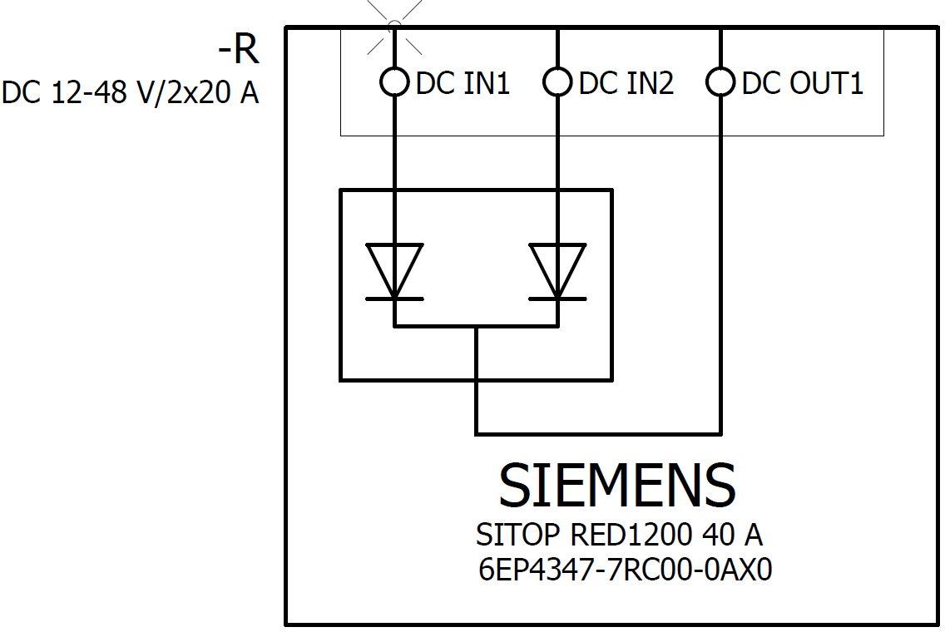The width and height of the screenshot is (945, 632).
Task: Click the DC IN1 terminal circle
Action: (x=394, y=82)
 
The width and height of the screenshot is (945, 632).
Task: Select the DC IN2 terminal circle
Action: (x=557, y=82)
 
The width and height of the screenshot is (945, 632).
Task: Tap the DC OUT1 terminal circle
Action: (x=720, y=82)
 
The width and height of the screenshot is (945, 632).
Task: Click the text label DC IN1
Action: (x=463, y=83)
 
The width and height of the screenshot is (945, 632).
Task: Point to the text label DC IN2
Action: (x=626, y=83)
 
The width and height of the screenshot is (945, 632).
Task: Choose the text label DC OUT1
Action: (x=802, y=83)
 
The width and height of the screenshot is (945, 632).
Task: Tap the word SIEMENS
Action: (x=616, y=486)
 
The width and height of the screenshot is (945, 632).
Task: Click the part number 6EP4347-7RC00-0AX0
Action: (x=626, y=570)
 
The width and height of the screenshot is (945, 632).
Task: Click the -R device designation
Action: (x=238, y=50)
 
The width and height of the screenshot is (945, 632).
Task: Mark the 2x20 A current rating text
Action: (x=215, y=93)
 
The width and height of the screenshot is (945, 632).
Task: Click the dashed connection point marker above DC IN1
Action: (x=394, y=27)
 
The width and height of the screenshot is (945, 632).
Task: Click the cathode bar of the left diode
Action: (x=394, y=298)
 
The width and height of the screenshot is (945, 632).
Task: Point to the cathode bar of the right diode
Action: (x=557, y=298)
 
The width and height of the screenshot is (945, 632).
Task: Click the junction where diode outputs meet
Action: (x=477, y=326)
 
